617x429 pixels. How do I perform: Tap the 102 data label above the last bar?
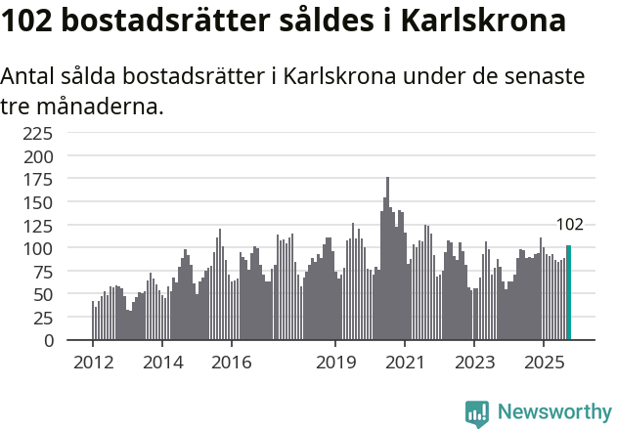click(x=569, y=225)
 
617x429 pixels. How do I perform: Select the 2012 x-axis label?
click(x=92, y=362)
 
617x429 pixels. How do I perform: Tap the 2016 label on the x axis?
click(x=231, y=362)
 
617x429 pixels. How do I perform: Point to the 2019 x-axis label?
click(x=335, y=362)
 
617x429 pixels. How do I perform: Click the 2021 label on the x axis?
click(x=405, y=362)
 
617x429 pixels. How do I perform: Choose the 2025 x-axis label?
click(x=544, y=362)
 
